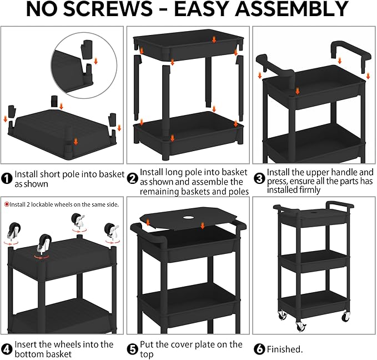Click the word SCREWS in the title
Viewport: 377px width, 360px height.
(108, 9)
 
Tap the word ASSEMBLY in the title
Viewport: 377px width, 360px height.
(291, 9)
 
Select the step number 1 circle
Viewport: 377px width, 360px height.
(7, 179)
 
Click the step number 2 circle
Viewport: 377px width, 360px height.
(132, 179)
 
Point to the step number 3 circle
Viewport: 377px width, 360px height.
(259, 179)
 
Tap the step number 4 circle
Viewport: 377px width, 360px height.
(7, 349)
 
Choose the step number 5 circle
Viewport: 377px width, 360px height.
(132, 349)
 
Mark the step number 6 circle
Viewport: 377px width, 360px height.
(259, 349)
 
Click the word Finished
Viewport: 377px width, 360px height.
(285, 349)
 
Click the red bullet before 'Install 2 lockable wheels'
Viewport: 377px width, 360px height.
(7, 204)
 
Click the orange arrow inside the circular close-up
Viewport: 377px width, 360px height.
(95, 61)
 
